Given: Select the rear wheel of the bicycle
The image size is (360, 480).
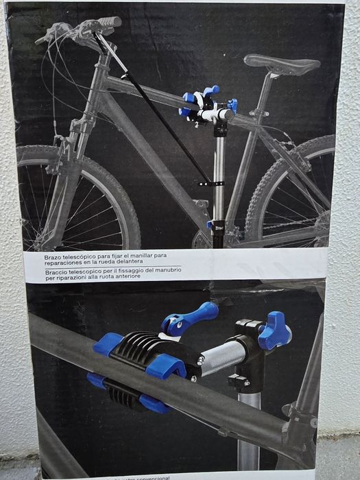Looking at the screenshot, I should click(x=302, y=199).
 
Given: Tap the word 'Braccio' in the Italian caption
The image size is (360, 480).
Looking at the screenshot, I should click(x=58, y=270).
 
